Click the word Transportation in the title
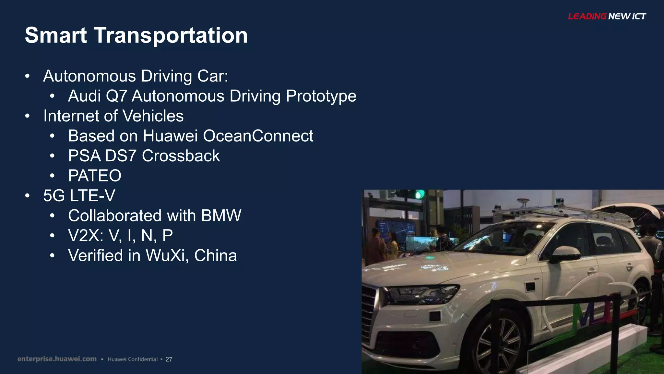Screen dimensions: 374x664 171,35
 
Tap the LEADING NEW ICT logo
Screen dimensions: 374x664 607,16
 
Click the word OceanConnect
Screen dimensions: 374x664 258,136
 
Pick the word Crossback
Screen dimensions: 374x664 181,156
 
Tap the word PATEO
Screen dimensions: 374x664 95,176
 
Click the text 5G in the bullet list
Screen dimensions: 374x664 54,196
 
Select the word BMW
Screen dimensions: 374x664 221,216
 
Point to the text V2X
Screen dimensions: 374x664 85,236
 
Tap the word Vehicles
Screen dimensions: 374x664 153,116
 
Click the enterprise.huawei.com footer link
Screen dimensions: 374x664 57,359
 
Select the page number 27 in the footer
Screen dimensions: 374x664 169,359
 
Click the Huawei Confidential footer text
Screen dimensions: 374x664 133,359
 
